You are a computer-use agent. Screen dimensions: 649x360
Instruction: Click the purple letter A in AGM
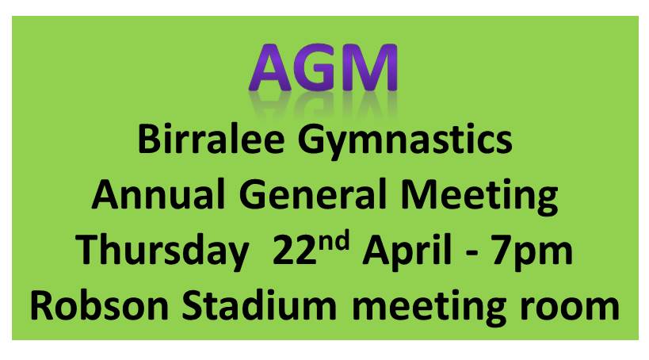click(270, 67)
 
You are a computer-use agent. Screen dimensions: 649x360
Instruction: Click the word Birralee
click(211, 140)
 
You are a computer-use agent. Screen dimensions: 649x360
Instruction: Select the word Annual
click(158, 195)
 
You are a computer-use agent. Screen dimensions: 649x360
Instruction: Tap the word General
click(312, 195)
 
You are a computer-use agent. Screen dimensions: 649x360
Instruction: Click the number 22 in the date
click(294, 250)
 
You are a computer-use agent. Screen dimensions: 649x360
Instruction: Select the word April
click(407, 253)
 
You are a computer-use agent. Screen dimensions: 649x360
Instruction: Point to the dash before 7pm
click(472, 254)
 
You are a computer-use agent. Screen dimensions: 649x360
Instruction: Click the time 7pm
click(533, 253)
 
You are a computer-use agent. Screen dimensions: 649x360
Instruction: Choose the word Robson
click(99, 306)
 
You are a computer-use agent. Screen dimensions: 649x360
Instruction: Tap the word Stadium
click(259, 306)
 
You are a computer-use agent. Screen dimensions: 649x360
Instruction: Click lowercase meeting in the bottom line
click(429, 309)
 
